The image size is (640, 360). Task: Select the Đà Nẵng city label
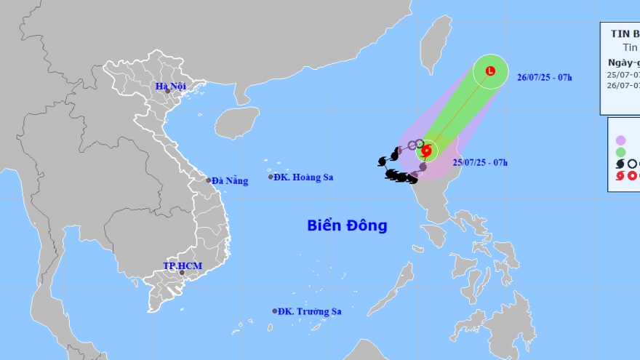(x=231, y=180)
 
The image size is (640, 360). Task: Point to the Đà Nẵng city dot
(x=208, y=180)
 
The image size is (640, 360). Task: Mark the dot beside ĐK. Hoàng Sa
(x=271, y=177)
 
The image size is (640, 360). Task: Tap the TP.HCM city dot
(x=181, y=273)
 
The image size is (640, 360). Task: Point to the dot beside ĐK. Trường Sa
(x=275, y=311)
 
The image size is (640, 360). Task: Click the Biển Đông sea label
(x=346, y=225)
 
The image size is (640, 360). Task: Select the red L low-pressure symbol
(x=489, y=71)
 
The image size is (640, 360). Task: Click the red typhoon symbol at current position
(x=427, y=151)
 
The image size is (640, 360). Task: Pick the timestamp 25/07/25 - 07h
(x=480, y=162)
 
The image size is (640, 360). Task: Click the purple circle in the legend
(x=620, y=140)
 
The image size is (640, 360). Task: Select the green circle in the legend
(x=620, y=152)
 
